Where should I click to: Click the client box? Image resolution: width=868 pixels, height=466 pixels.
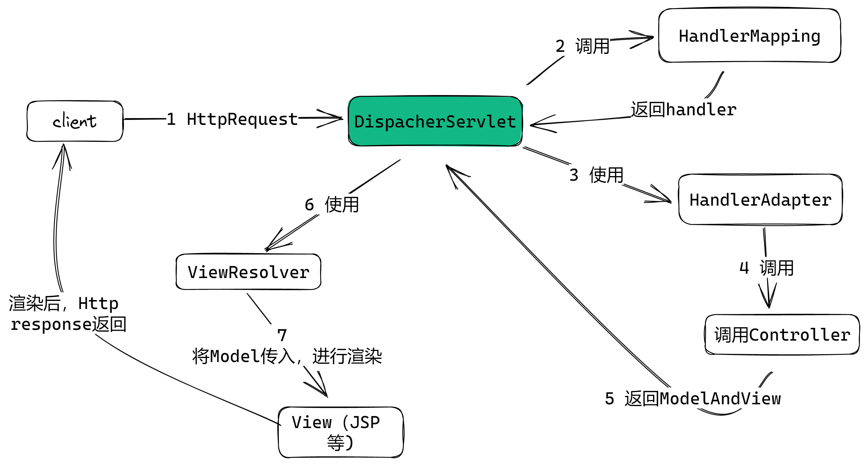(75, 121)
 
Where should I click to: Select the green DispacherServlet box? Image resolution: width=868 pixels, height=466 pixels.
(435, 121)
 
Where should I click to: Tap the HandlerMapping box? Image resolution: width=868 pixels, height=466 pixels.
(749, 35)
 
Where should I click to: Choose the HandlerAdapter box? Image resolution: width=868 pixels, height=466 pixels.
(760, 200)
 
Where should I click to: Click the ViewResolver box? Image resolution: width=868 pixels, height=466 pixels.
(248, 272)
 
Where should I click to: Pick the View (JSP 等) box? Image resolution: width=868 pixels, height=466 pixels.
(341, 432)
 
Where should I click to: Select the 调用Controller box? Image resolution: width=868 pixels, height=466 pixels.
(782, 335)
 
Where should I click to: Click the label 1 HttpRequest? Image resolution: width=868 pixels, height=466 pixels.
(232, 119)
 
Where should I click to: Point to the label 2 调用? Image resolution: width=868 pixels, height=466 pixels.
(583, 46)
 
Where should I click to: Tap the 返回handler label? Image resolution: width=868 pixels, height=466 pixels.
(684, 110)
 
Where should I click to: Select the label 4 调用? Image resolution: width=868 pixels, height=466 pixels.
(766, 268)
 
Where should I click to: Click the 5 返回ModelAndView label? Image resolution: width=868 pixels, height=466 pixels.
(693, 399)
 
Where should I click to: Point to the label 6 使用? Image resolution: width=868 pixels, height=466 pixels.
(332, 204)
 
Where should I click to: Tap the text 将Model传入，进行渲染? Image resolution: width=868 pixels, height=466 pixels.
(287, 356)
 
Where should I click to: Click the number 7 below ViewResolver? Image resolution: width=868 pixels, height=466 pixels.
(282, 335)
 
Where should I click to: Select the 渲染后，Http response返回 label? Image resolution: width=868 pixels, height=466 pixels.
(67, 313)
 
